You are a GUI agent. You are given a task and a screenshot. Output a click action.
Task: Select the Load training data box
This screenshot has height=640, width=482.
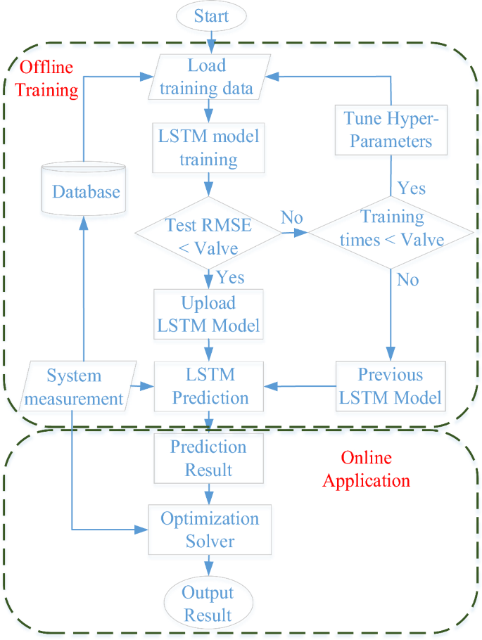[208, 77]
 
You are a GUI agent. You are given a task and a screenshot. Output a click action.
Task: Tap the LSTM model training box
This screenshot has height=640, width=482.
[208, 148]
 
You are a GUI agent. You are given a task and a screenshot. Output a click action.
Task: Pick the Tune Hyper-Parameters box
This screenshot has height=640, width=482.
[391, 129]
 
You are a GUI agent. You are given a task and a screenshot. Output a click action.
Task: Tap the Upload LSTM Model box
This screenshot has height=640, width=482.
[208, 314]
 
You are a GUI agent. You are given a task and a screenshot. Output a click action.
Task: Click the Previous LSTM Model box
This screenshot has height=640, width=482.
[391, 385]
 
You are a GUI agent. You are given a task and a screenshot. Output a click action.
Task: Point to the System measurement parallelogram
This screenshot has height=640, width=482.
[75, 387]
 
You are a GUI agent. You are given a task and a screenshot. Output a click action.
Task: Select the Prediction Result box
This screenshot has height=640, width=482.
[208, 457]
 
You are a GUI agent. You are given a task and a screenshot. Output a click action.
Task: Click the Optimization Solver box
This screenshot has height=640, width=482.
[210, 530]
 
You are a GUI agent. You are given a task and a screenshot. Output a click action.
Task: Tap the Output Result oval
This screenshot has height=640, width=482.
[208, 603]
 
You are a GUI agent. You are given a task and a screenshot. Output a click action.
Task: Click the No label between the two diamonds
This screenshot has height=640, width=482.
[292, 217]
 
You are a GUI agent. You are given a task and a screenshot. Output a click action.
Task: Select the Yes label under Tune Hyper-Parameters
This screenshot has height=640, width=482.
[411, 188]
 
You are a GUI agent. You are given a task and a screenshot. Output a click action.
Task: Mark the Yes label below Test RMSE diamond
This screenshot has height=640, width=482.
[230, 276]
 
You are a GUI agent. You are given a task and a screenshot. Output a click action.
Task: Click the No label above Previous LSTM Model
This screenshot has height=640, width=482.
[407, 279]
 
